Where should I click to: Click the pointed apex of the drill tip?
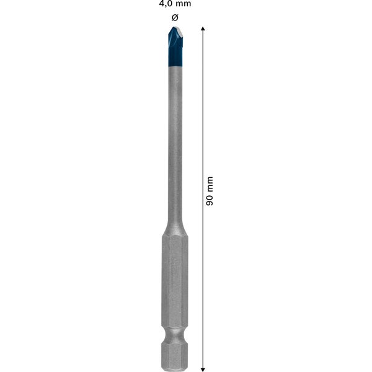point(174,28)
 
